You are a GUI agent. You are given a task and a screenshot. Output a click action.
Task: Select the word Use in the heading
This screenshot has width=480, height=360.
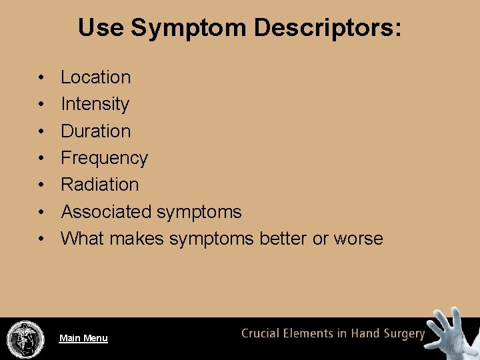coord(101,28)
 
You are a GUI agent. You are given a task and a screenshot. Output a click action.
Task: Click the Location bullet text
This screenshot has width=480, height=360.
coord(95,77)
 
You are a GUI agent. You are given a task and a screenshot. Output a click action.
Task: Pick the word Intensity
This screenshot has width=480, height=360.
coord(95,104)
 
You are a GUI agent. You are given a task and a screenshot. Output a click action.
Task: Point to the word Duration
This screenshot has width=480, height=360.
coord(95,131)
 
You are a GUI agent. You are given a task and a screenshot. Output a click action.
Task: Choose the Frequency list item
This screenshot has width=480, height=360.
coord(104,158)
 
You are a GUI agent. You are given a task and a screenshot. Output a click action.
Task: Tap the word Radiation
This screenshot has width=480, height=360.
coord(99,185)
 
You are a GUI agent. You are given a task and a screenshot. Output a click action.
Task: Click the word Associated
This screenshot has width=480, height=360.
coord(106,212)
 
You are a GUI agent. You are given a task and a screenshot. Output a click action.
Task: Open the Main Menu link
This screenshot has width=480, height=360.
coord(83,338)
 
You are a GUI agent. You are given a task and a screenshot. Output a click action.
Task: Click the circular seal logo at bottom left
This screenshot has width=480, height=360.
coord(25,339)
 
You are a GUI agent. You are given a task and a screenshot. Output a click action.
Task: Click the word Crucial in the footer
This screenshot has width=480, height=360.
coord(263,333)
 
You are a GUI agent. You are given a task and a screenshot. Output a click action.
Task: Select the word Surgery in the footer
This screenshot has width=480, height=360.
coord(402,334)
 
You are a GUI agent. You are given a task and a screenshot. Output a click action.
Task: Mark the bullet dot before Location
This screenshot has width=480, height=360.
coord(41,78)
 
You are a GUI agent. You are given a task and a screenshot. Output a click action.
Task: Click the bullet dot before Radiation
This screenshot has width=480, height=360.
coord(41,185)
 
